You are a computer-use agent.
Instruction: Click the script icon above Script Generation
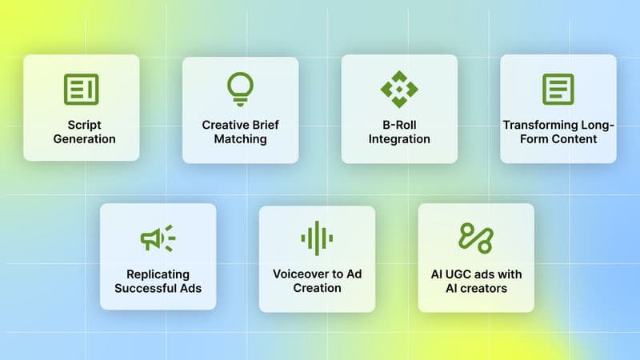click(x=81, y=89)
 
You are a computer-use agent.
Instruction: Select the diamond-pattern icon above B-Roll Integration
click(x=398, y=89)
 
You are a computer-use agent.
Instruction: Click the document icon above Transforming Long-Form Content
click(x=558, y=89)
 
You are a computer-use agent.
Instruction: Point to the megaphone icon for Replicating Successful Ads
click(x=158, y=238)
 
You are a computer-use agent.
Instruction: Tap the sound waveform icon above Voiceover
click(x=317, y=238)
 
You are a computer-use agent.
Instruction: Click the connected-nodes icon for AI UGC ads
click(x=475, y=238)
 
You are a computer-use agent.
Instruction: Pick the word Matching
click(x=240, y=139)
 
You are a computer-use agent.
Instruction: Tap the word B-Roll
click(x=398, y=125)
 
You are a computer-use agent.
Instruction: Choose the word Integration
click(x=398, y=139)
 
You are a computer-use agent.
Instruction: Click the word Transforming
click(x=535, y=125)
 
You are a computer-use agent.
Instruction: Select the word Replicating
click(x=158, y=274)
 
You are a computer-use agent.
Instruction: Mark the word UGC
click(x=461, y=274)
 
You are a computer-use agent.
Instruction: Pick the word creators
click(x=485, y=288)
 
